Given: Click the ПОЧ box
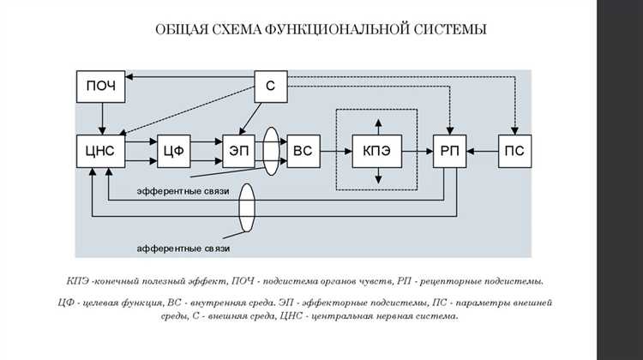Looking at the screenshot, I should [x=101, y=86].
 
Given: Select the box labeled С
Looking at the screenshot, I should [x=269, y=86].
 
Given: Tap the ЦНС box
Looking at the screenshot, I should [x=101, y=151].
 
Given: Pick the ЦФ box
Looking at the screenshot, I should [x=174, y=151].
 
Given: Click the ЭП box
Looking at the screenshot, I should [x=236, y=151].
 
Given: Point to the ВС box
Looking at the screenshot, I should [x=303, y=151].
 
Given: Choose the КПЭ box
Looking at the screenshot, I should [x=376, y=151].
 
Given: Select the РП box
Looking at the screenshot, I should [x=448, y=151].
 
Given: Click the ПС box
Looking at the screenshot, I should [x=516, y=151].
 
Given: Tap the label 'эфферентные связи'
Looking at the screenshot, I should [x=182, y=191].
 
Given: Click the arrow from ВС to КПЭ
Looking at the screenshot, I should [x=336, y=151].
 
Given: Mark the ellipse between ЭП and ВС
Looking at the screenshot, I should [x=272, y=151].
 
